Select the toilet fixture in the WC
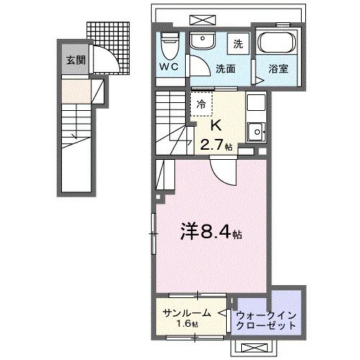tap(170, 45)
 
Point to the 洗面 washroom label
tap(225, 69)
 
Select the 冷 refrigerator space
tap(201, 104)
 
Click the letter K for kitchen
tap(214, 123)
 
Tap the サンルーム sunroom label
tap(186, 312)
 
